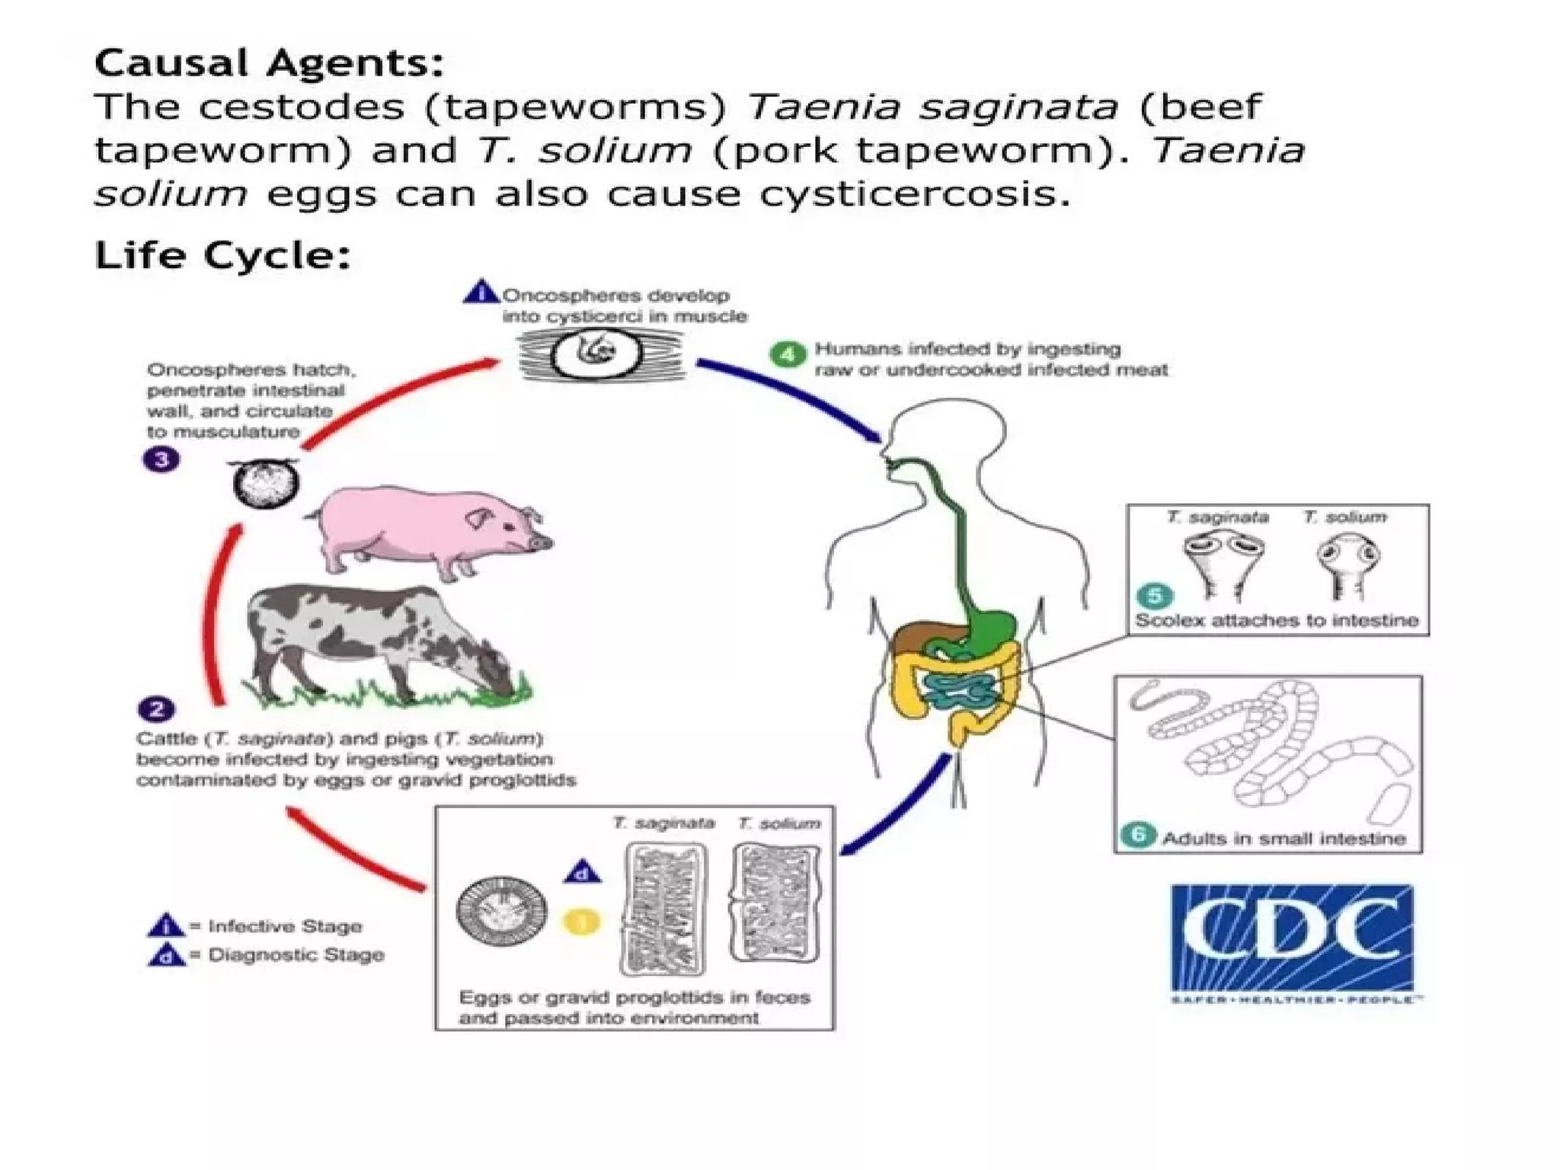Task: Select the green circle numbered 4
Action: (788, 355)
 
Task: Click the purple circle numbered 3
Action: (161, 459)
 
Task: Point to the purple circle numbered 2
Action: (157, 709)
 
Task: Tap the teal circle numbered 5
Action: (1155, 596)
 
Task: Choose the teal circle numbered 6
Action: (1139, 835)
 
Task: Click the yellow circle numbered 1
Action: (581, 922)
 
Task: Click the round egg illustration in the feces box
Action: (502, 911)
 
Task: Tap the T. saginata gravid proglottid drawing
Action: (664, 908)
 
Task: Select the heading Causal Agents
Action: (268, 62)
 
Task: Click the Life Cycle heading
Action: (222, 255)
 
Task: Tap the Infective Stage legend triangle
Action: (165, 925)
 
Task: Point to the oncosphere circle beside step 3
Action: (266, 484)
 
